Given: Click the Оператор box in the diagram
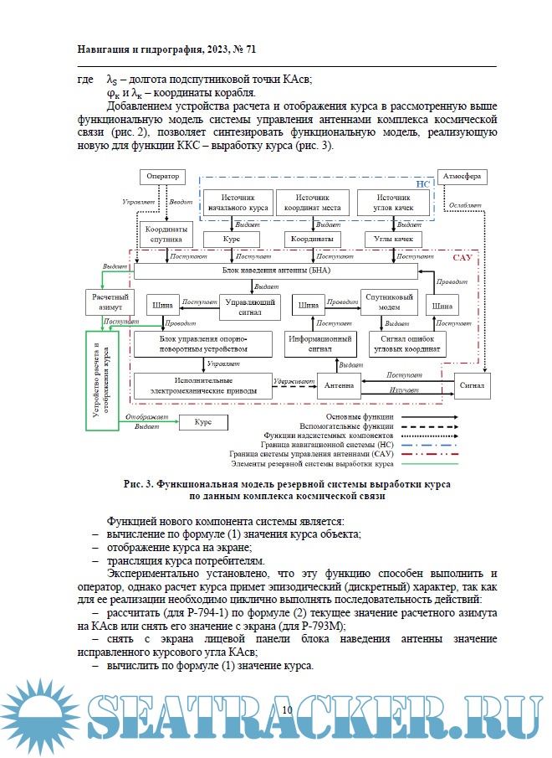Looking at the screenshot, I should click(164, 176).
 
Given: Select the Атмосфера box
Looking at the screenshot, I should click(462, 176).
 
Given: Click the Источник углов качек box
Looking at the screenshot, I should click(394, 202).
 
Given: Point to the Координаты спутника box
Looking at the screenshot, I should click(165, 234).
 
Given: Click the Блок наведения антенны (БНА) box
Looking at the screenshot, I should click(276, 271).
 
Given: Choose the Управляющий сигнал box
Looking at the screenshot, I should click(250, 306).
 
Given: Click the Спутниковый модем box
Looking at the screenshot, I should click(388, 302).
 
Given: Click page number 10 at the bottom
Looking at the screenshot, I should click(287, 710).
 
